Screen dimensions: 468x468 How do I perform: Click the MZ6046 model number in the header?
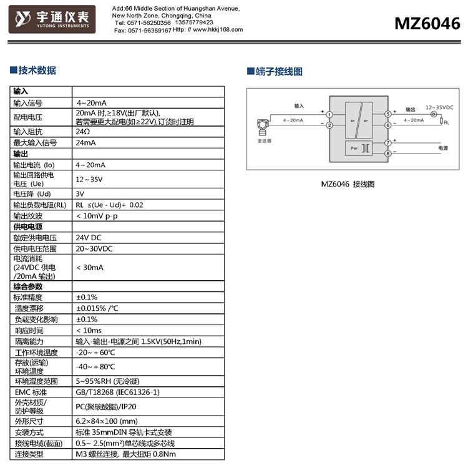click(x=427, y=23)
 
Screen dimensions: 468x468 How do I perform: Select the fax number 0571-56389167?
click(x=150, y=30)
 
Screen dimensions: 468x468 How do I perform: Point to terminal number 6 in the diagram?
click(x=388, y=125)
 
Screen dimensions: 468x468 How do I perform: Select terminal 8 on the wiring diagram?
click(x=388, y=154)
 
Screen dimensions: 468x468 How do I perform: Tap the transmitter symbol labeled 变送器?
click(x=264, y=129)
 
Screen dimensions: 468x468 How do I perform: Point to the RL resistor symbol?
click(x=442, y=121)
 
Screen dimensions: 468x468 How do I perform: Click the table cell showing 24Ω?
click(x=83, y=132)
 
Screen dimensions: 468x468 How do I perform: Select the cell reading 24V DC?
click(x=89, y=238)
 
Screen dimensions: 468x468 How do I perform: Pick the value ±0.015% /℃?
click(x=97, y=308)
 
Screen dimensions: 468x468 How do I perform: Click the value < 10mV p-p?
click(x=97, y=216)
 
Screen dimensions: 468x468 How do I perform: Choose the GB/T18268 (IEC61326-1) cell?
click(x=118, y=392)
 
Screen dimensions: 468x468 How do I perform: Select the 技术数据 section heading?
click(x=37, y=71)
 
